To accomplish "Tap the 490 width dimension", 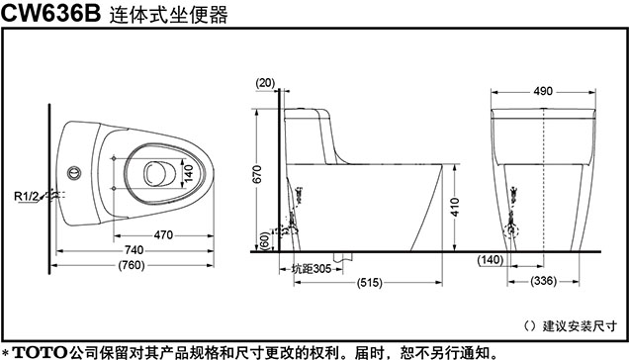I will tap(543, 91).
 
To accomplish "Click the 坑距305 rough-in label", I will tap(312, 268).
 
